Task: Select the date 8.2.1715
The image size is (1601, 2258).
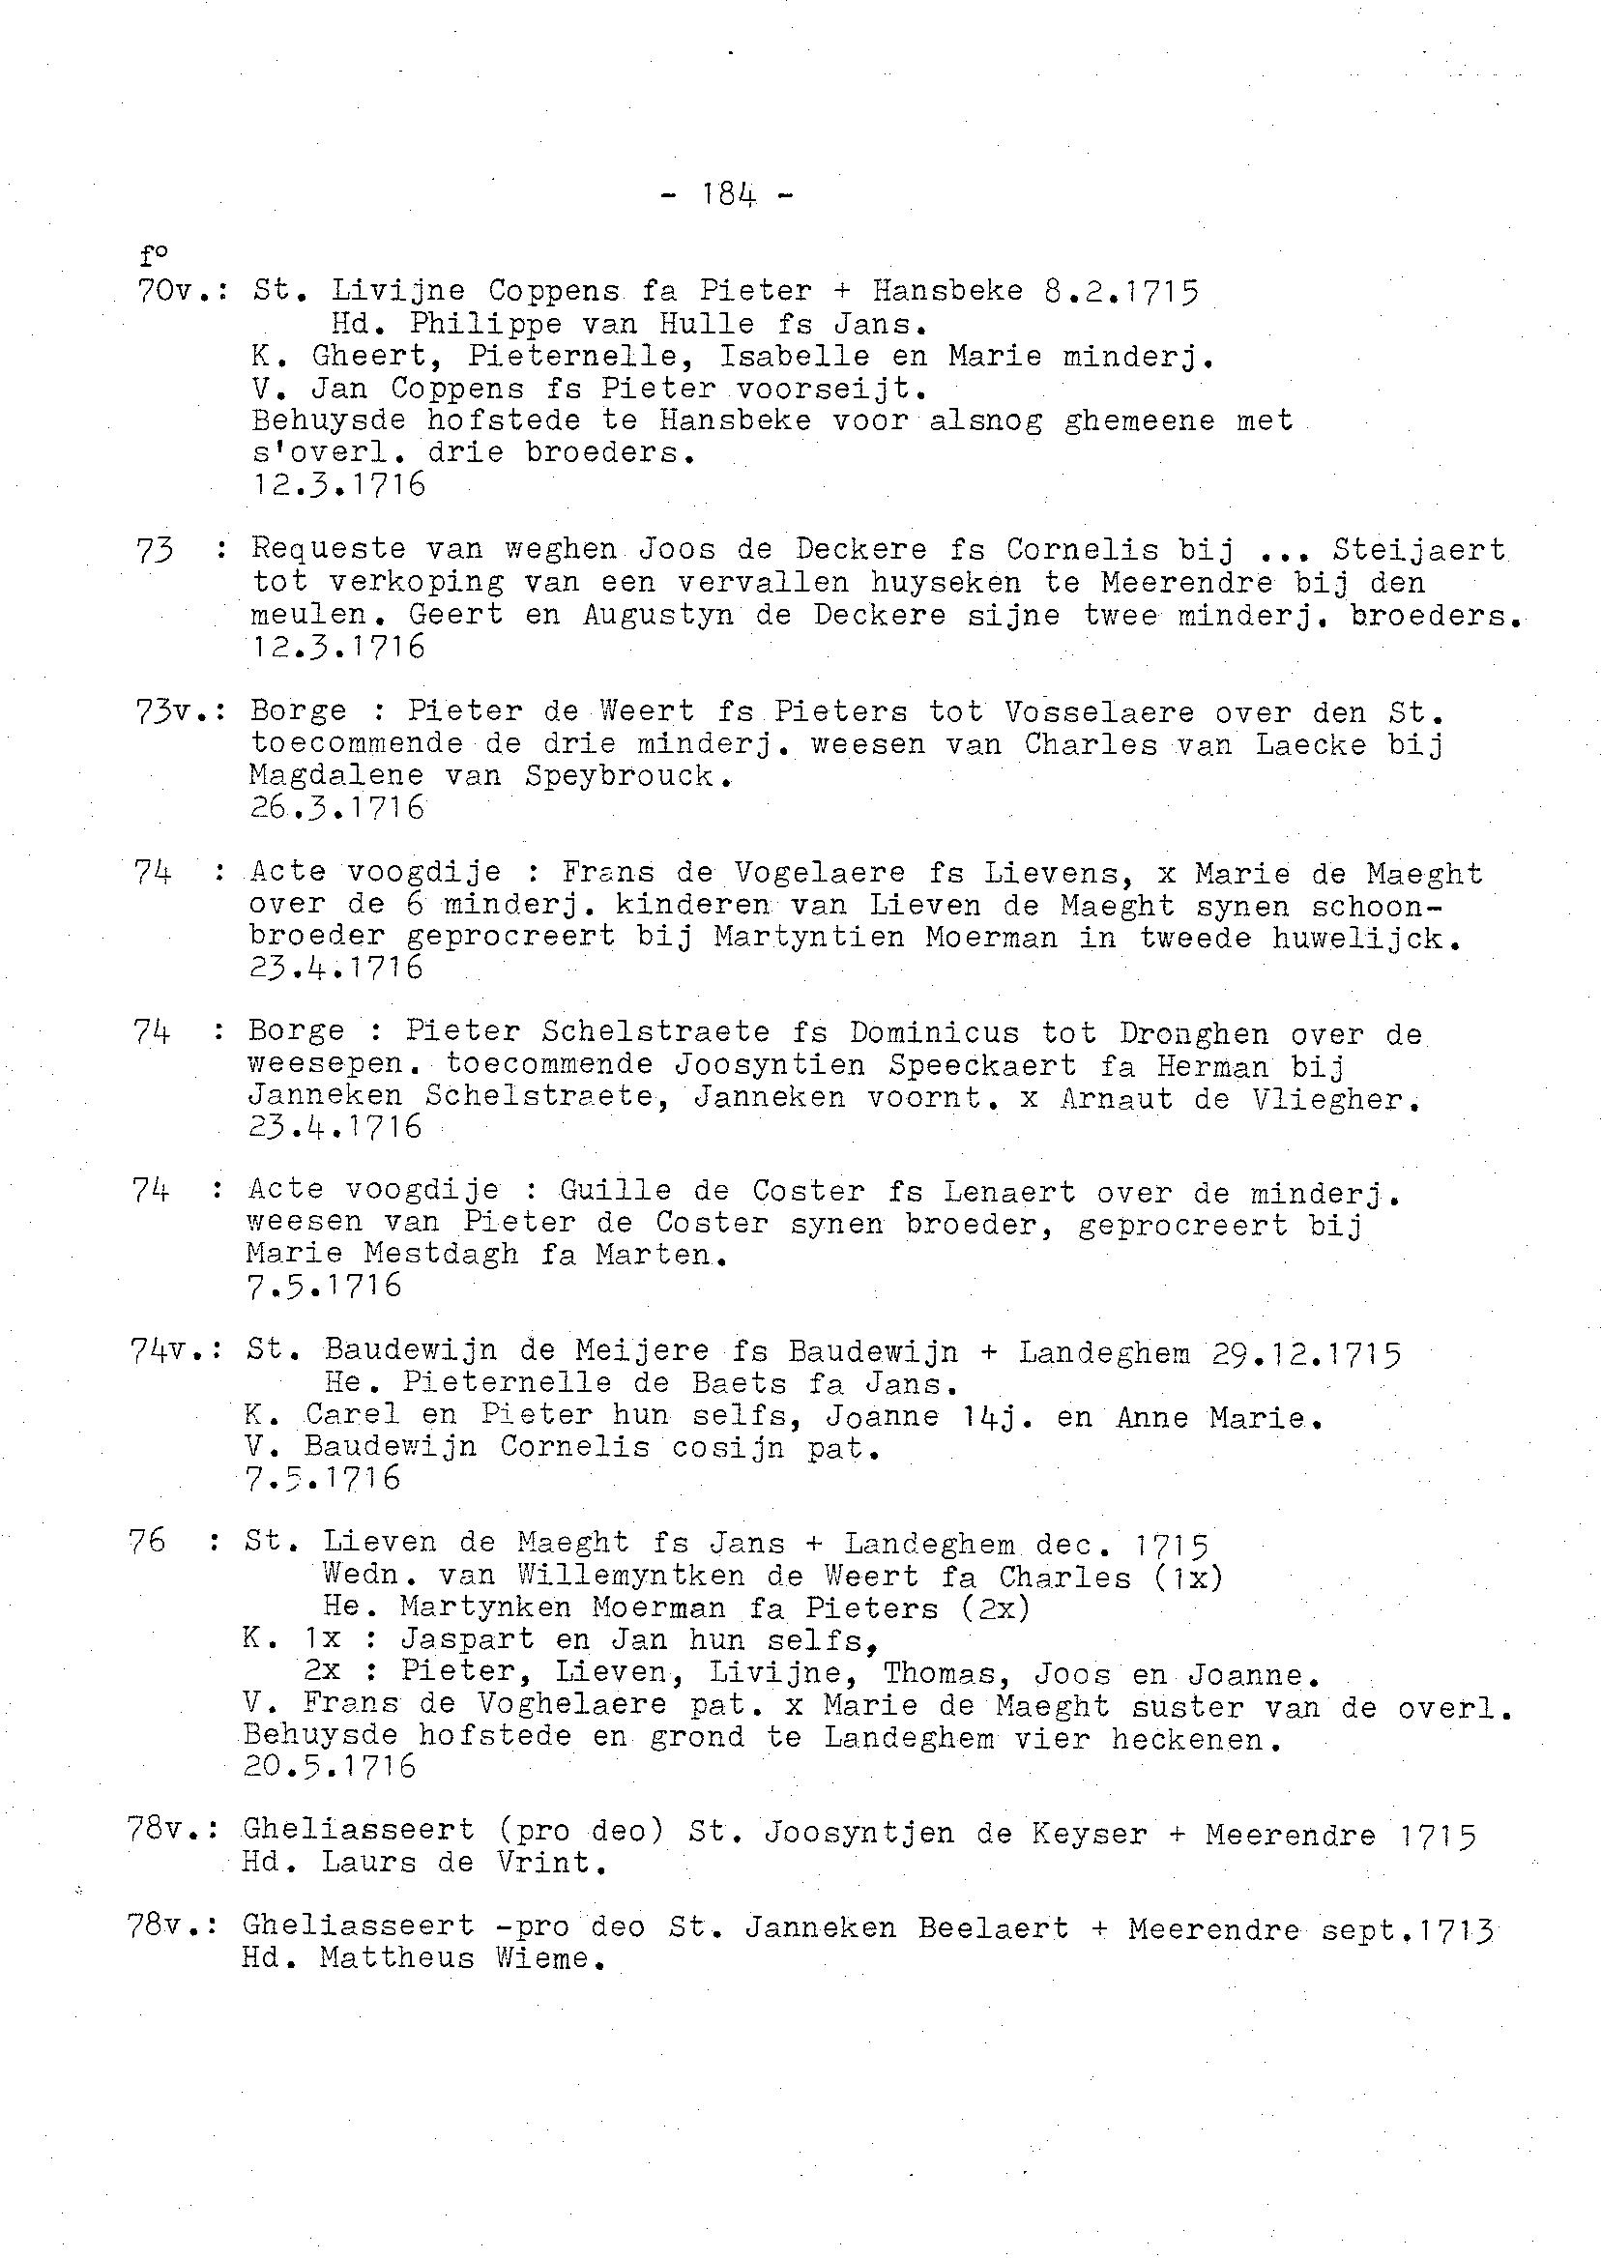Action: coord(1120,292)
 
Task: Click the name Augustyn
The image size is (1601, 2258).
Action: coord(657,615)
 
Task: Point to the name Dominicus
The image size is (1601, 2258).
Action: coord(934,1033)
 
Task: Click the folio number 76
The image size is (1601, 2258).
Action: coord(147,1542)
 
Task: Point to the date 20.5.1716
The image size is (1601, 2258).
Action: coord(330,1766)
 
